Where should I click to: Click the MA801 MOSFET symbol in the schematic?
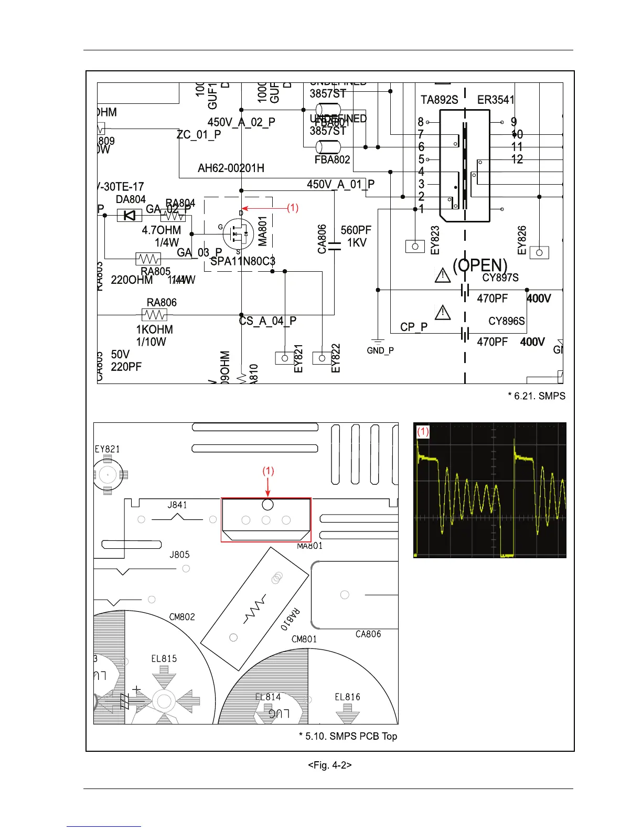(239, 234)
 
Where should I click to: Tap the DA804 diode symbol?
(129, 215)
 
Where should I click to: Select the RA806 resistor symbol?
(154, 315)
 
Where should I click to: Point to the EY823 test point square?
(415, 246)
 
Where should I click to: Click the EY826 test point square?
(539, 252)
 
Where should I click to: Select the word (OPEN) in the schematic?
(480, 265)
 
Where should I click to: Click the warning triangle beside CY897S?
(443, 274)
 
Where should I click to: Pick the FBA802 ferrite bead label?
(332, 159)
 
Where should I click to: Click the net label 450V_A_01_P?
(340, 184)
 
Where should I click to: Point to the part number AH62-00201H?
(231, 168)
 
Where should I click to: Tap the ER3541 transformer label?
(496, 100)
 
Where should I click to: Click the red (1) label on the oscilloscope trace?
(423, 432)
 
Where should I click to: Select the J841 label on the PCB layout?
(177, 505)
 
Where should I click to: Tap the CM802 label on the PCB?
(182, 617)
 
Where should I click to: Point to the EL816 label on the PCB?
(347, 697)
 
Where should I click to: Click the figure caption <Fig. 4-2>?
(329, 765)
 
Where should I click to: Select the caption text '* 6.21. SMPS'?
(537, 396)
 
